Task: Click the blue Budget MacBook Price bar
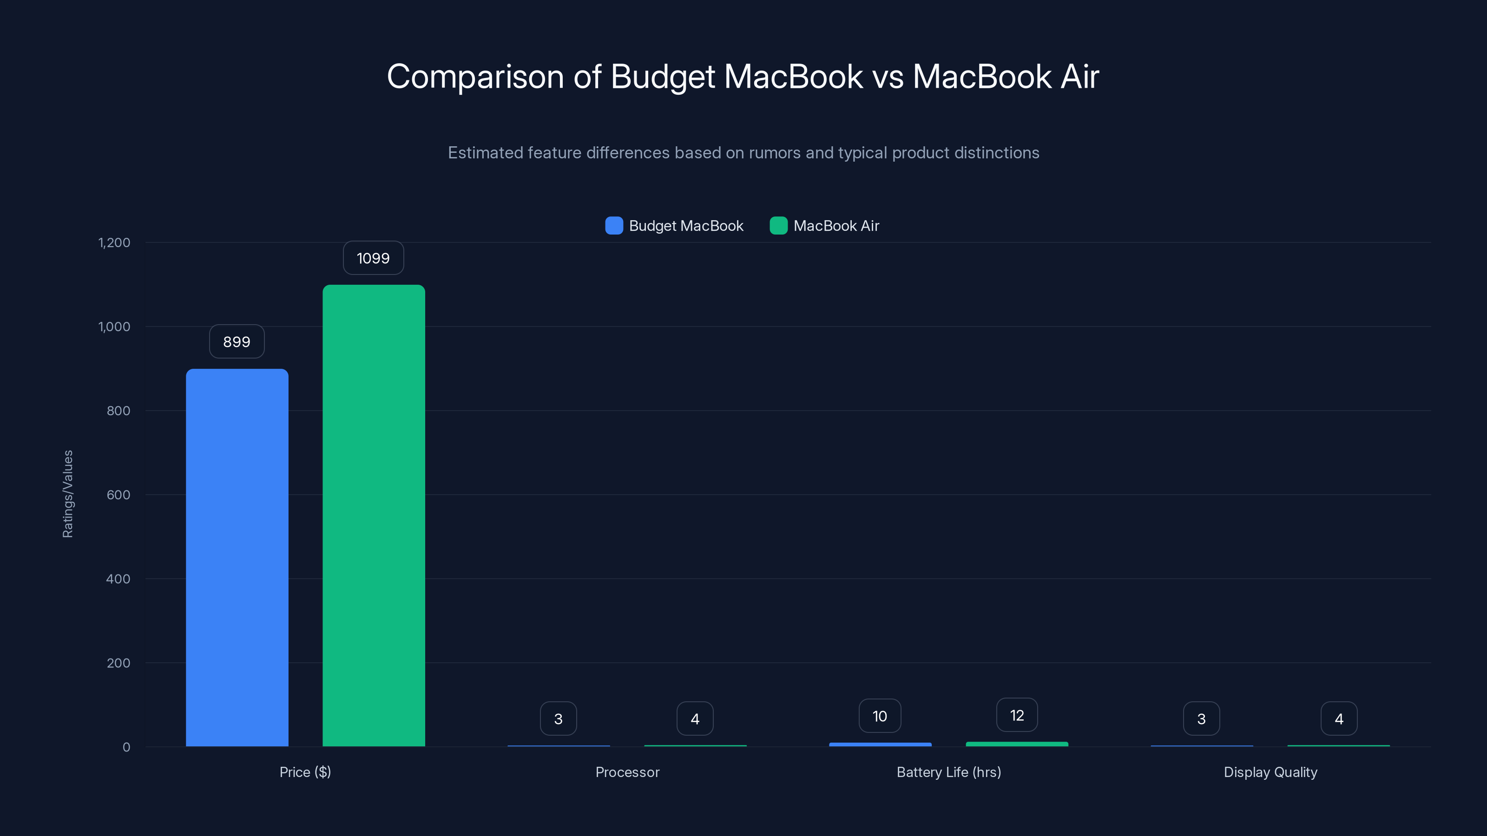237,557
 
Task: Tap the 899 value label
237,341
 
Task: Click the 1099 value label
373,258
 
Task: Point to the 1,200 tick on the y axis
114,242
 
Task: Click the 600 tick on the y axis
118,495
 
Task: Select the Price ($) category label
305,772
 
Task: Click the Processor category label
627,772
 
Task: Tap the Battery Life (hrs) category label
948,772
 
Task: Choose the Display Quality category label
1270,772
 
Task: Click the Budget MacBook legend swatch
613,226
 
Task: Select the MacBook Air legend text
836,226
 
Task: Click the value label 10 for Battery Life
879,716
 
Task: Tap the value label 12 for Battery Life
1017,715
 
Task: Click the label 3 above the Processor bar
558,719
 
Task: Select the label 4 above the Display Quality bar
1339,719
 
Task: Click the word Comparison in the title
474,77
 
